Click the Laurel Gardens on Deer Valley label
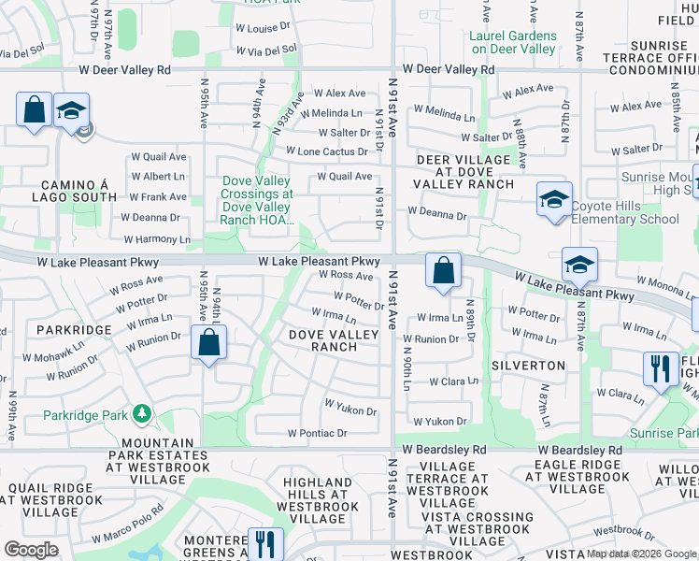point(513,42)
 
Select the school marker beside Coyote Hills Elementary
point(554,198)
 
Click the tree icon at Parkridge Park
point(141,412)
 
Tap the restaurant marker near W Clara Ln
point(661,367)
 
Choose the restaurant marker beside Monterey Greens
point(266,543)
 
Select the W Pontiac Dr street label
point(317,434)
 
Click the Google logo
point(31,550)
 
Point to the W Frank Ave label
point(158,197)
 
